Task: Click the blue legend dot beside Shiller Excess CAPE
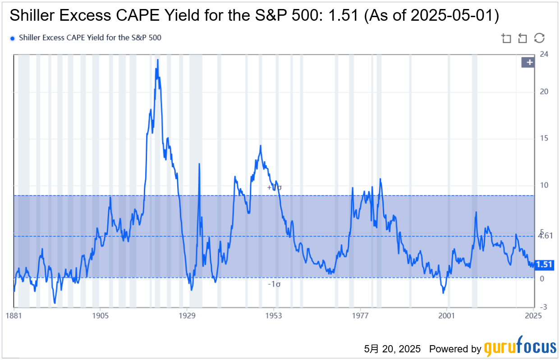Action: click(12, 38)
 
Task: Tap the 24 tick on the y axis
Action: click(544, 55)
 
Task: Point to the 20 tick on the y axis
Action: click(544, 92)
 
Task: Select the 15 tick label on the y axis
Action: click(544, 138)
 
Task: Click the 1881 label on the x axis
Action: click(14, 315)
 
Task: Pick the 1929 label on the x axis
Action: click(187, 315)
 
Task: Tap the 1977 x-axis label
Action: click(360, 315)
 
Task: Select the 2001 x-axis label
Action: click(447, 315)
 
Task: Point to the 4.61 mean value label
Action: click(545, 236)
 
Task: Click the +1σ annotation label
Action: click(274, 187)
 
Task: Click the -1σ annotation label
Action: click(274, 284)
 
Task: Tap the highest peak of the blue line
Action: click(157, 60)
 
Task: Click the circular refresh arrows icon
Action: click(539, 38)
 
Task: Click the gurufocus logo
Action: click(520, 347)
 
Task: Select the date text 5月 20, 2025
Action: click(392, 349)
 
